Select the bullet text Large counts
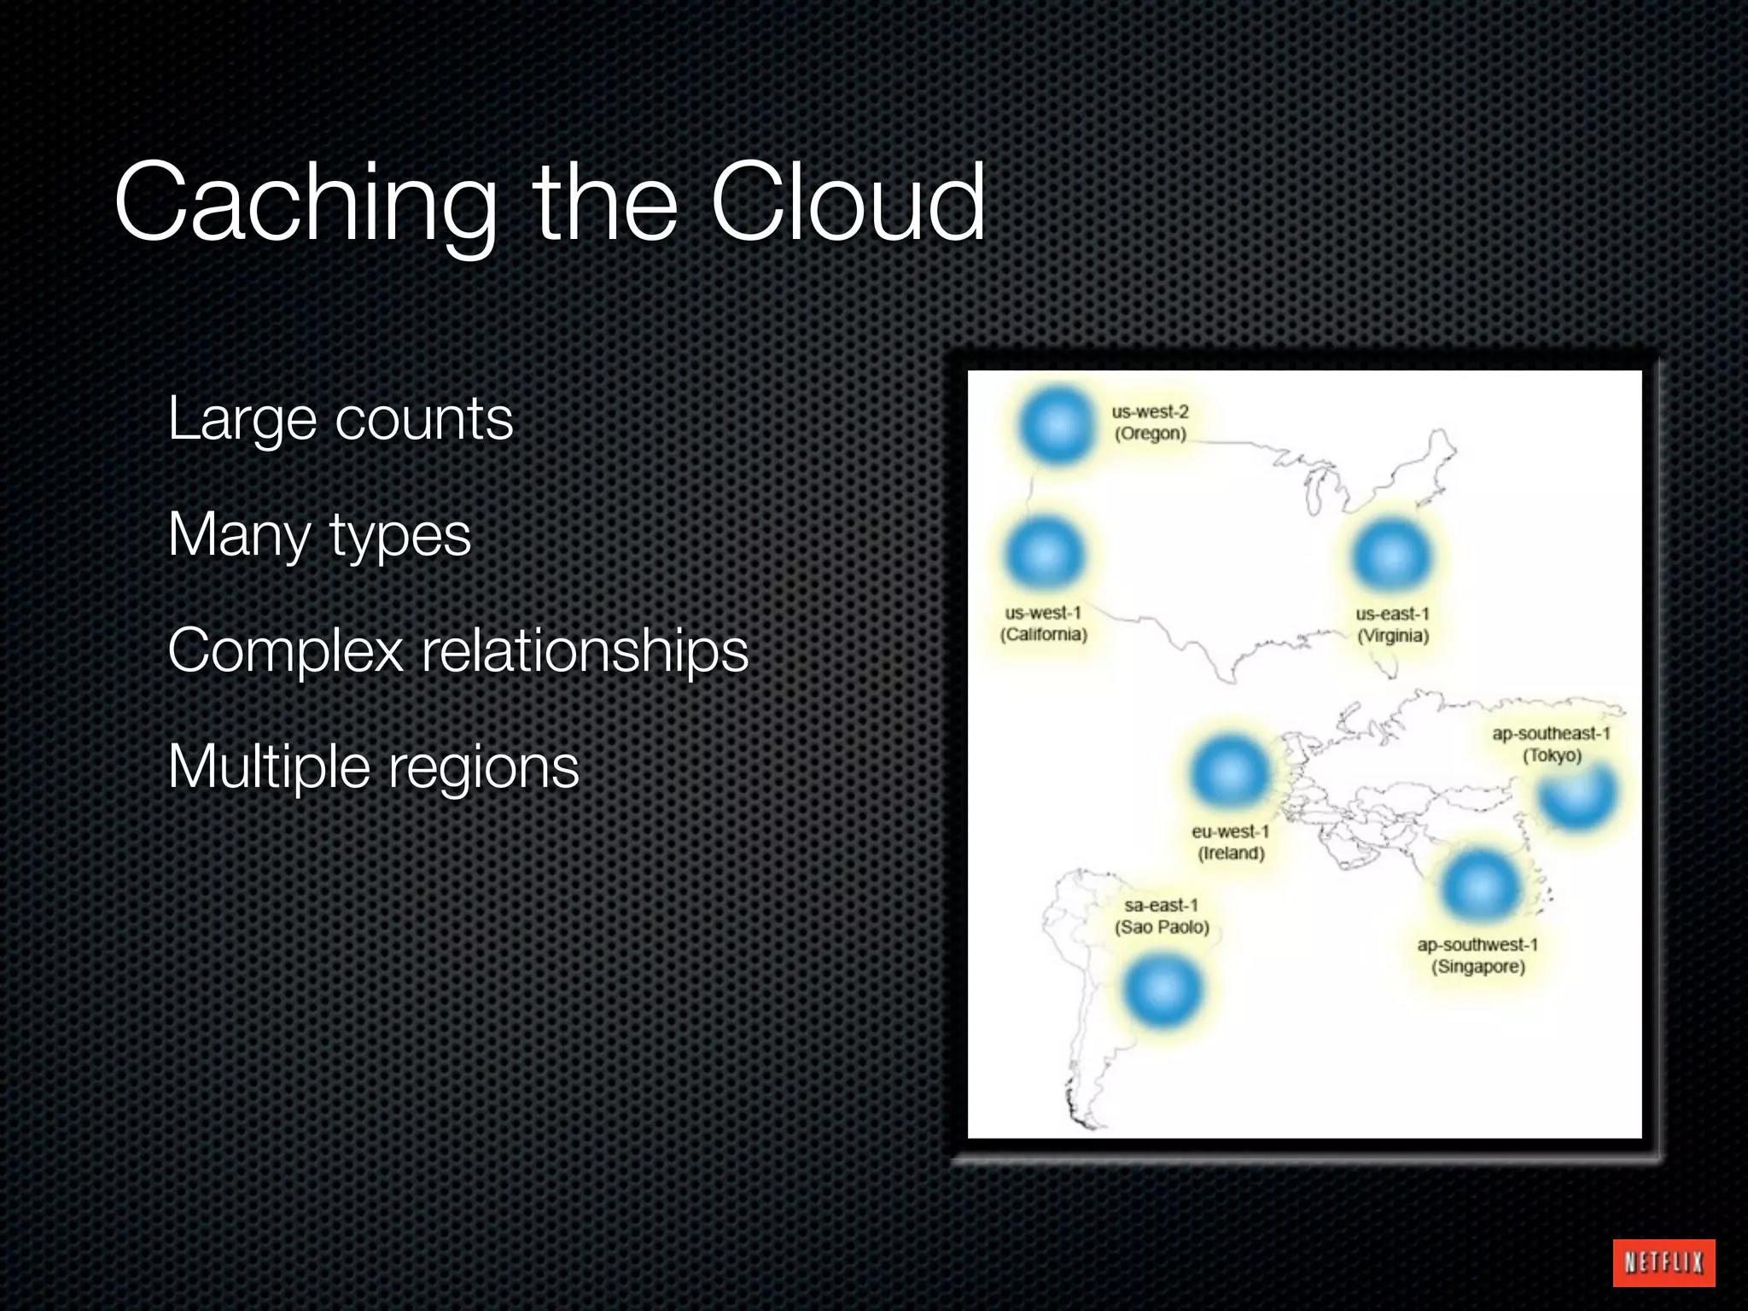coord(341,419)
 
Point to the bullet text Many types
coord(319,535)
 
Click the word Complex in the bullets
coord(285,651)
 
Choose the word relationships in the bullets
coord(585,651)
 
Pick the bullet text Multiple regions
coord(373,766)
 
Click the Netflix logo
coord(1664,1262)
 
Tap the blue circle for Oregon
coord(1057,425)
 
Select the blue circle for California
coord(1044,554)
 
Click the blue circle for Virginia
coord(1391,556)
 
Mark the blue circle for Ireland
coord(1229,772)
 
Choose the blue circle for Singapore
coord(1481,886)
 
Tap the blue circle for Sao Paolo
coord(1162,990)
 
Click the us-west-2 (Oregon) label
coord(1150,422)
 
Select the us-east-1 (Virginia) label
coord(1392,625)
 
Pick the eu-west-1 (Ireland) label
coord(1231,842)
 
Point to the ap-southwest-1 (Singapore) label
coord(1477,956)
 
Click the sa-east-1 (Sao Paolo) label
coord(1162,916)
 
